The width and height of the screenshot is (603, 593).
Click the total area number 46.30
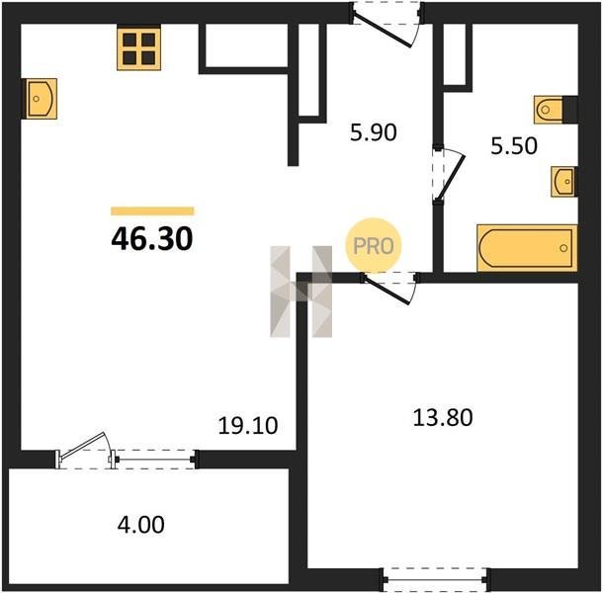point(152,239)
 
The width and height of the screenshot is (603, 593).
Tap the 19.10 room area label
point(248,426)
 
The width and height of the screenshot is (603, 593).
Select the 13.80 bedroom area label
point(443,418)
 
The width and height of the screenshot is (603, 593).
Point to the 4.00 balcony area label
point(140,525)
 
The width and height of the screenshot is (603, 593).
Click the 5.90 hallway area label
point(373,132)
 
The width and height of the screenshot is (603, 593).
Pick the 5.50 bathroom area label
point(514,146)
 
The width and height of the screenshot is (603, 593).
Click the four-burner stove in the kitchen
point(138,48)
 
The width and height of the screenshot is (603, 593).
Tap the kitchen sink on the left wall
point(41,99)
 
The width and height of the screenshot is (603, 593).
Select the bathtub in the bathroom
point(527,248)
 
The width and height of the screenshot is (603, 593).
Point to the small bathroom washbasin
point(563,182)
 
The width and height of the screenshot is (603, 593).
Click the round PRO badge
point(374,246)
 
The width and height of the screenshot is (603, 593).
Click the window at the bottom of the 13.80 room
point(437,579)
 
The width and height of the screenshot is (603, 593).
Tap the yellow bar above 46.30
point(152,212)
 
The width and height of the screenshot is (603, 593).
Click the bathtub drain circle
point(563,248)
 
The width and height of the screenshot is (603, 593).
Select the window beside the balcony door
point(154,460)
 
